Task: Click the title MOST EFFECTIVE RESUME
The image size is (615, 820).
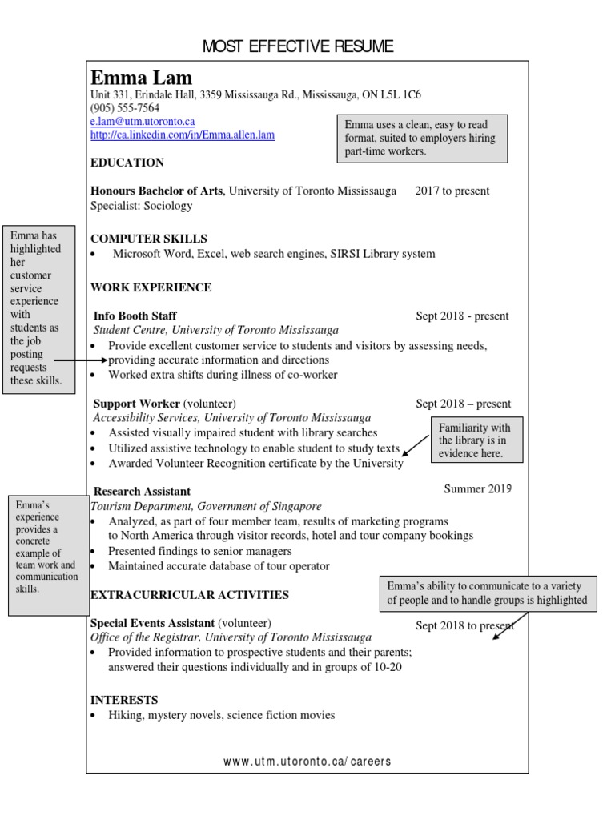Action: coord(298,46)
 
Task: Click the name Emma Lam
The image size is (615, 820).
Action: coord(142,78)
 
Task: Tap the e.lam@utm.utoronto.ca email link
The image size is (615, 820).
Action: coord(143,121)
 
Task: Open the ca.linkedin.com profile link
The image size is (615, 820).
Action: coord(183,135)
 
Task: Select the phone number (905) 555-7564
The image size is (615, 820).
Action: coord(125,108)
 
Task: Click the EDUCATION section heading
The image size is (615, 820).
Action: coord(127,163)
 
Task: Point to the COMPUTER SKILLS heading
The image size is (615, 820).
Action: coord(149,239)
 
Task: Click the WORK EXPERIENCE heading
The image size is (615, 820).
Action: coord(151,287)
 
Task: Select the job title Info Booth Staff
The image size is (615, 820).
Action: coord(135,316)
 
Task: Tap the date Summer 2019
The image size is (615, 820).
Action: coord(478,488)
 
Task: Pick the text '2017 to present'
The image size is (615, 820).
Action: coord(452,191)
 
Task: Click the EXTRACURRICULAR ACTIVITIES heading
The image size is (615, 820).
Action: coord(190,595)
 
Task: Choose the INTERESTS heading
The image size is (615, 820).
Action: coord(124,699)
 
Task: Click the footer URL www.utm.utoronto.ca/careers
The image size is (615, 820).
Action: coord(307,762)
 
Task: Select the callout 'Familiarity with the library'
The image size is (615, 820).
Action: coord(476,440)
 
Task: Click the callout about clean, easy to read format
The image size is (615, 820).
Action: coord(422,138)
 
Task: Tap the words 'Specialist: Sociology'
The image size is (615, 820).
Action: coord(142,206)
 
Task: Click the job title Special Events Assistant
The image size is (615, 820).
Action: coord(152,623)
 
